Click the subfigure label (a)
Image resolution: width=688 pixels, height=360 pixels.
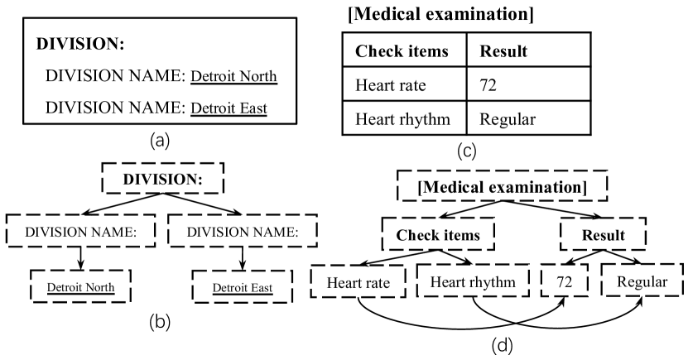coord(160,142)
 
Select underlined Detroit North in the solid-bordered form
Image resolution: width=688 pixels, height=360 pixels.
coord(233,77)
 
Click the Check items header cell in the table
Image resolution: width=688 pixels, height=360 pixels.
coord(402,51)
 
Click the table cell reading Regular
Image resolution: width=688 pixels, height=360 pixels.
coord(508,119)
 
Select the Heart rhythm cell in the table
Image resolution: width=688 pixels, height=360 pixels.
coord(402,119)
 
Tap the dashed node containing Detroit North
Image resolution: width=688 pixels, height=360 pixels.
coord(80,288)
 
